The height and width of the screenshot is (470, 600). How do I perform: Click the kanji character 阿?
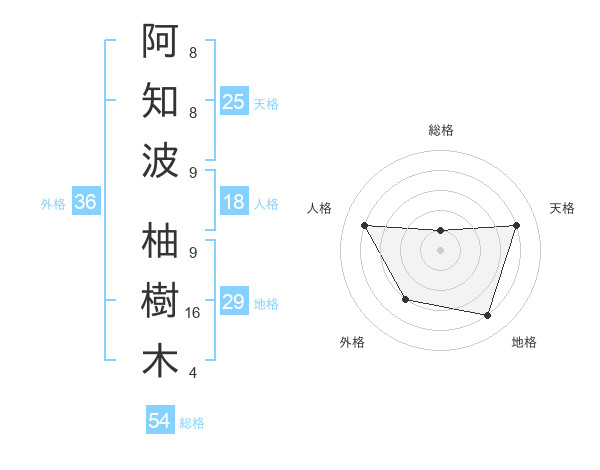pyautogui.click(x=160, y=39)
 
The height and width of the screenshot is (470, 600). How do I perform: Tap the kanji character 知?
pyautogui.click(x=160, y=100)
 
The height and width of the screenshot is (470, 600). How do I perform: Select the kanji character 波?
pyautogui.click(x=160, y=160)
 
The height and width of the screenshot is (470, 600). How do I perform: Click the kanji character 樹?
pyautogui.click(x=160, y=301)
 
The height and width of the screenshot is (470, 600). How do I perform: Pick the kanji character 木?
pyautogui.click(x=160, y=361)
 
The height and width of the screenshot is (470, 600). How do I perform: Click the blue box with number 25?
pyautogui.click(x=234, y=102)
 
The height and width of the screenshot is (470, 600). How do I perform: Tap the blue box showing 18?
pyautogui.click(x=234, y=203)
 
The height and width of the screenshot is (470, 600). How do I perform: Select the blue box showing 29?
pyautogui.click(x=234, y=302)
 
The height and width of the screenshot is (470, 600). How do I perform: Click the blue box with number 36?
pyautogui.click(x=86, y=203)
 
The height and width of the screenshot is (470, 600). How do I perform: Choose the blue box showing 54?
pyautogui.click(x=160, y=422)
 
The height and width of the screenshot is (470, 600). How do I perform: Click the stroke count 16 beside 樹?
pyautogui.click(x=194, y=313)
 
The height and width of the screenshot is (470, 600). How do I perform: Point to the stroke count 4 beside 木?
pyautogui.click(x=192, y=373)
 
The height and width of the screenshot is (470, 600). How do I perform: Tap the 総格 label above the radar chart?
pyautogui.click(x=441, y=130)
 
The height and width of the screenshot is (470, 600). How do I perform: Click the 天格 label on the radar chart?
pyautogui.click(x=563, y=208)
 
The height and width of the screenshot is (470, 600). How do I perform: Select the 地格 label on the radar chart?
pyautogui.click(x=524, y=343)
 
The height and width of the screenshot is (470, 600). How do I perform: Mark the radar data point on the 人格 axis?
pyautogui.click(x=364, y=225)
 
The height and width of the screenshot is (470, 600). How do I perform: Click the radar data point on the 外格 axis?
pyautogui.click(x=405, y=299)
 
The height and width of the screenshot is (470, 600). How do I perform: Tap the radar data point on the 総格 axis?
pyautogui.click(x=441, y=231)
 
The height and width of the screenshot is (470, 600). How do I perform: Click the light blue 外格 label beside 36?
pyautogui.click(x=53, y=204)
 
